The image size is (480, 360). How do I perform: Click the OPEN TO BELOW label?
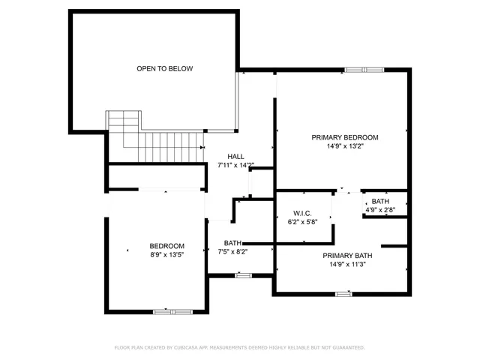tap(164, 69)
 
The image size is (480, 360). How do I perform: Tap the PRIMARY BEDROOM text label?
tap(345, 137)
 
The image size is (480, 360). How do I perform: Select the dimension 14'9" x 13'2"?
tap(345, 146)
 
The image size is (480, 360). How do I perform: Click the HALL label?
tap(236, 157)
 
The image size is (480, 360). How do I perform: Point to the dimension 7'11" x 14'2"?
tap(236, 165)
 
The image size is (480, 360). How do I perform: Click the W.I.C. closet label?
tap(303, 214)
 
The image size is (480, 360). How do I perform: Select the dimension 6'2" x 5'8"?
tap(303, 222)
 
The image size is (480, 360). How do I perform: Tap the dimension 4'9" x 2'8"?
tap(380, 210)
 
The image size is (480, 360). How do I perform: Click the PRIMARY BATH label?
tap(347, 256)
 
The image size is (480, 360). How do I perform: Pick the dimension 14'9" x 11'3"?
tap(347, 264)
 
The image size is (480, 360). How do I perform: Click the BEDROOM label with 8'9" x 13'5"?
tap(166, 246)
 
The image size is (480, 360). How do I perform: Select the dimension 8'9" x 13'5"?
tap(166, 255)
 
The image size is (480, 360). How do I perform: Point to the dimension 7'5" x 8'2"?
tap(232, 252)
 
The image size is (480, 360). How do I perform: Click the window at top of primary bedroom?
tap(365, 70)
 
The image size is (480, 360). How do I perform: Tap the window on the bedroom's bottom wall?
tap(173, 310)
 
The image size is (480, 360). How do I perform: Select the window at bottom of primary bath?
tap(343, 293)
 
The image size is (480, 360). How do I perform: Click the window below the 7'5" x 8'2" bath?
tap(242, 275)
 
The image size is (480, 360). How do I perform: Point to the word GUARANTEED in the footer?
tap(346, 348)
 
